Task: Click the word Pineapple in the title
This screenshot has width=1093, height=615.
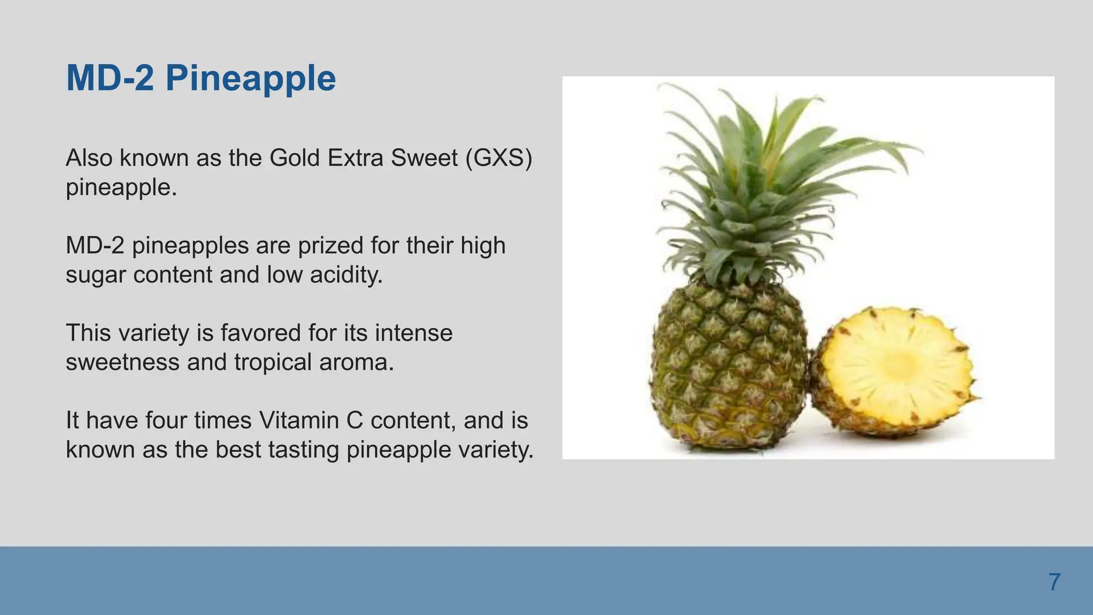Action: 250,78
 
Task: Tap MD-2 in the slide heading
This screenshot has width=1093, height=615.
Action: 110,78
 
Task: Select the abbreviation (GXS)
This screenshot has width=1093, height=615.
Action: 498,158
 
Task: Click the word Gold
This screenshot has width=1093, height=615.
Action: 295,158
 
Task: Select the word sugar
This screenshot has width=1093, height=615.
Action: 96,275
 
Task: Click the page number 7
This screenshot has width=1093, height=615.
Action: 1054,582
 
